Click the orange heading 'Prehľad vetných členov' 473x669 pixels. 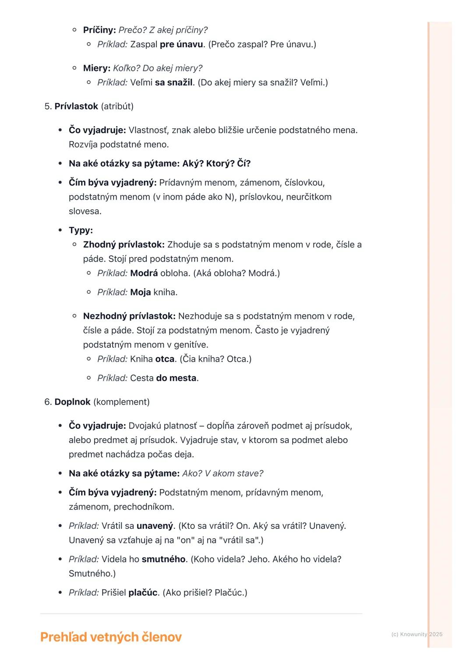tap(111, 637)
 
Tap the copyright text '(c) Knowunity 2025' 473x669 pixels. tap(417, 634)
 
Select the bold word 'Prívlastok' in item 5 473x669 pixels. tap(76, 106)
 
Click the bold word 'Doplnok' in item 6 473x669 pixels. tap(72, 402)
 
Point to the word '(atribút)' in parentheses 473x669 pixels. tap(117, 106)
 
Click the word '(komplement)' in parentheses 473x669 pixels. tap(121, 402)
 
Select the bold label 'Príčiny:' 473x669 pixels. tap(99, 30)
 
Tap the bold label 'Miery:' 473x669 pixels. tap(97, 68)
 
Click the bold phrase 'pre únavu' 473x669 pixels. tap(181, 44)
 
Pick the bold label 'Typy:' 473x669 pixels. tap(81, 230)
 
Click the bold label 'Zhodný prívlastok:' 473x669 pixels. tap(124, 245)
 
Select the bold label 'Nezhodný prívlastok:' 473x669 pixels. tap(129, 316)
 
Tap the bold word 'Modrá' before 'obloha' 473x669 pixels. tap(144, 273)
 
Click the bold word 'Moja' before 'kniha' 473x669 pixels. tap(141, 292)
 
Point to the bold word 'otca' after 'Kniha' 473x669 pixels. tap(165, 359)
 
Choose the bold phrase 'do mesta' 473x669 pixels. tap(176, 378)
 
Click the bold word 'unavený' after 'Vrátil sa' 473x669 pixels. tap(155, 526)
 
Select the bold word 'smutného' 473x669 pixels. tap(164, 559)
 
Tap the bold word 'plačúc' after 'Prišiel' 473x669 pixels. tap(143, 593)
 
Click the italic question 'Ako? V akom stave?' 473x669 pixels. tap(223, 473)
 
